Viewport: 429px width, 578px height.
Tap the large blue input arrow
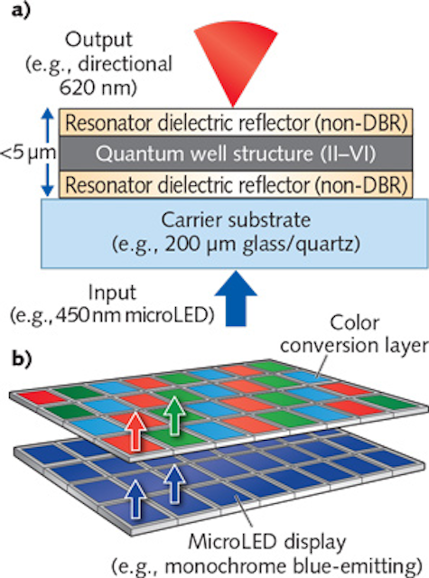tap(236, 299)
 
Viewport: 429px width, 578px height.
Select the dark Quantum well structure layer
tap(236, 154)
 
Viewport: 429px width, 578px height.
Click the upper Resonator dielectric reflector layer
tap(236, 123)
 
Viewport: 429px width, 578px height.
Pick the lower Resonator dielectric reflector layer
tap(236, 184)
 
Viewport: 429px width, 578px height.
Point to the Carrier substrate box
tap(235, 233)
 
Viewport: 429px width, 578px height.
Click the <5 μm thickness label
tap(28, 154)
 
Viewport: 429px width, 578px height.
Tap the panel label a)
tap(22, 10)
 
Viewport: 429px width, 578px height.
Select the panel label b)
tap(22, 359)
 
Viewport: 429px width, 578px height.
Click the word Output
tap(98, 41)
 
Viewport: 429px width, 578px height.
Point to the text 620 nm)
tap(98, 88)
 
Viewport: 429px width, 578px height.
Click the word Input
tap(112, 294)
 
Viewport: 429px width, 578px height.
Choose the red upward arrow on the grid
tap(135, 431)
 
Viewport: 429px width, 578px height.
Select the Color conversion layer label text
tap(354, 334)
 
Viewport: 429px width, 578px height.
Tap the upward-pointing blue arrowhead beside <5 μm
tap(47, 114)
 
